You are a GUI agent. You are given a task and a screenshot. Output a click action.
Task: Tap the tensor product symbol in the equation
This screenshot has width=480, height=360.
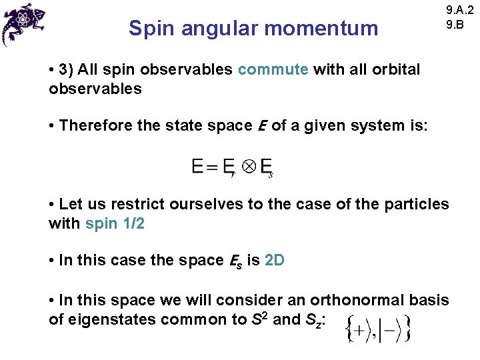click(x=248, y=166)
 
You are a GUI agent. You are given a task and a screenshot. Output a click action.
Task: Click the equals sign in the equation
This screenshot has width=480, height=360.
click(x=212, y=166)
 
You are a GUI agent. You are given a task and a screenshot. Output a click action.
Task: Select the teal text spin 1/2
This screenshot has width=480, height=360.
click(x=115, y=223)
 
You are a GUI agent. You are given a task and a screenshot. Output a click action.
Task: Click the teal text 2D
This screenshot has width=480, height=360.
click(x=274, y=260)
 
